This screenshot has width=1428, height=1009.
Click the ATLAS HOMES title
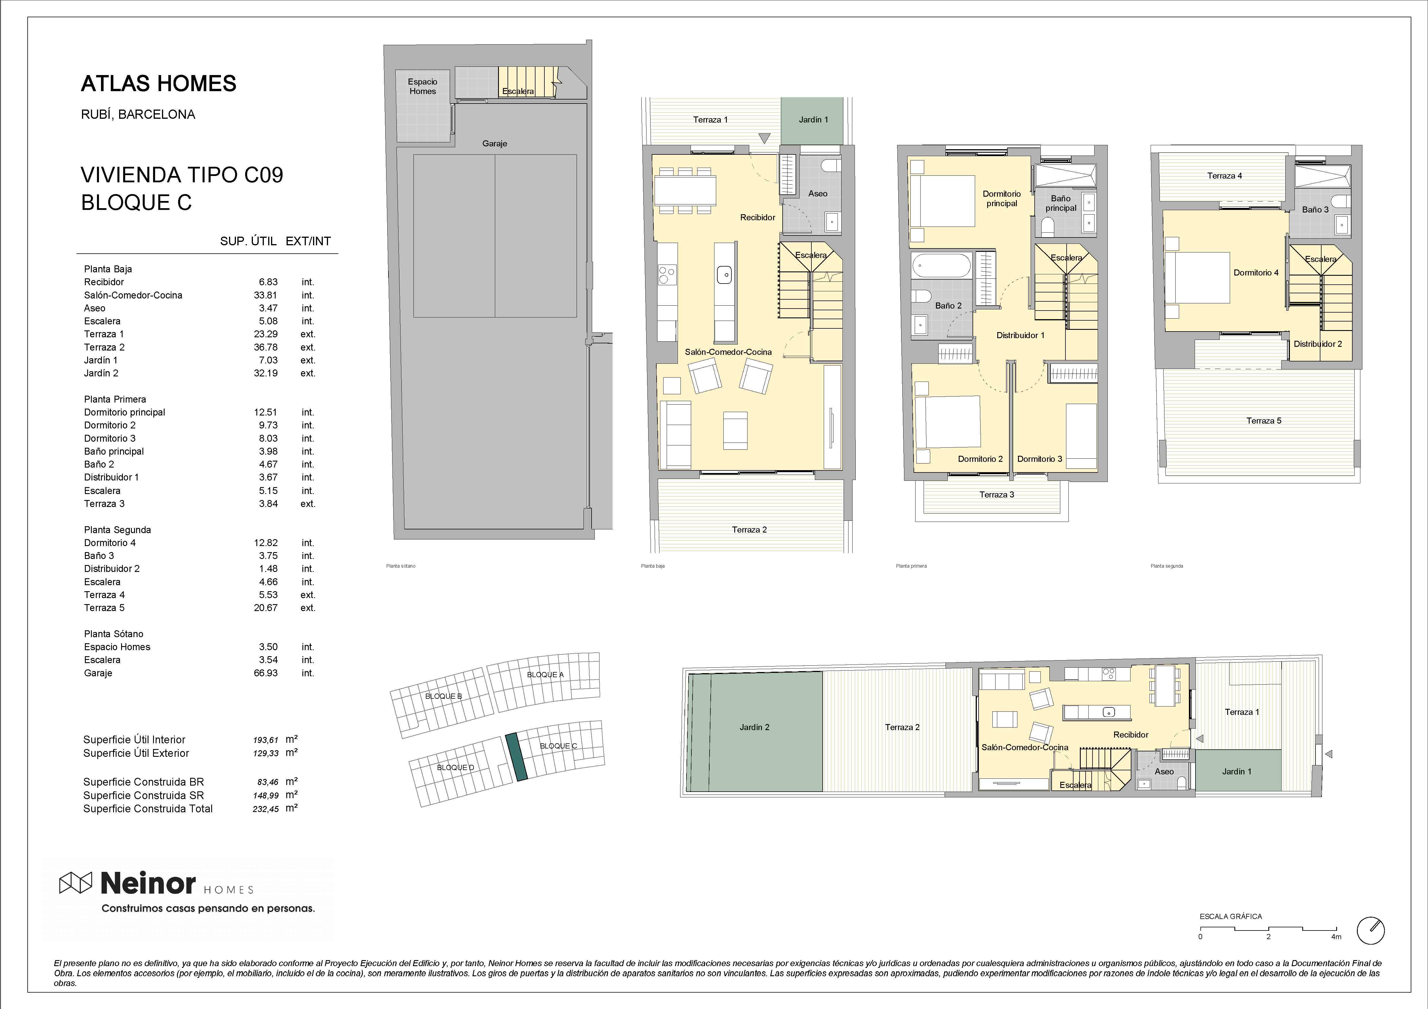pos(159,83)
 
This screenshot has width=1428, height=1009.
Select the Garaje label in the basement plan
pos(494,143)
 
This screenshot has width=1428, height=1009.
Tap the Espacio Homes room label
pos(422,87)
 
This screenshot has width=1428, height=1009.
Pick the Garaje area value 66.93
pos(266,673)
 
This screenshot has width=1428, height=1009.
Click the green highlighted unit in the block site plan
pos(516,757)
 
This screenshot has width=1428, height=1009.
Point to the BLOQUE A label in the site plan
pos(545,675)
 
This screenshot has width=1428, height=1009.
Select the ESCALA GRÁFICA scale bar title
pos(1231,916)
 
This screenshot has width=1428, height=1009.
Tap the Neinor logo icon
pos(75,883)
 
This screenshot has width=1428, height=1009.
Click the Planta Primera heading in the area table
pos(115,399)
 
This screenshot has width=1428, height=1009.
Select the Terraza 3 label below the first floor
pos(996,495)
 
